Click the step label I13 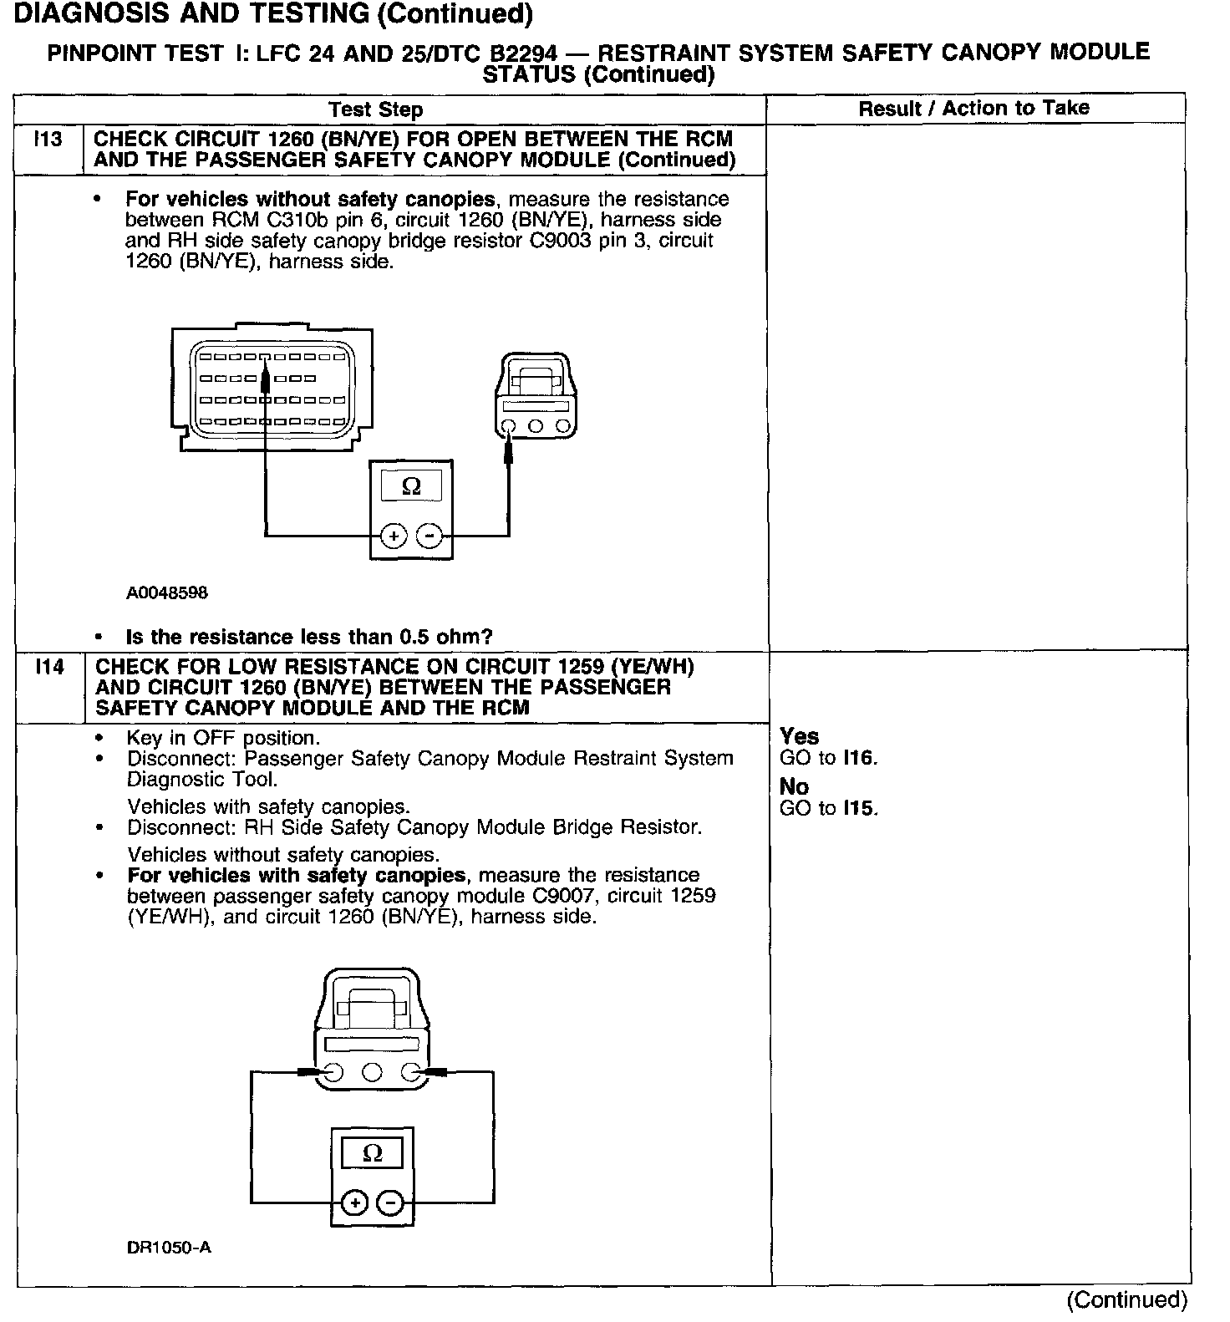click(x=48, y=140)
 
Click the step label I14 click(x=49, y=667)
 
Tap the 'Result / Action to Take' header click(x=973, y=108)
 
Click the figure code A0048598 click(x=167, y=593)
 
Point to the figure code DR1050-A click(x=169, y=1248)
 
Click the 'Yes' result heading click(x=799, y=736)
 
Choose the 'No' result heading click(x=794, y=786)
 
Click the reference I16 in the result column click(x=858, y=759)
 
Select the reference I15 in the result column click(x=859, y=809)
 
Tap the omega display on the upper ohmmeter click(x=411, y=486)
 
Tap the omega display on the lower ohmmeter click(x=373, y=1154)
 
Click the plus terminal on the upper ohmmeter click(x=394, y=535)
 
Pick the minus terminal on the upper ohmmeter click(x=429, y=535)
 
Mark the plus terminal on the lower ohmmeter click(x=355, y=1203)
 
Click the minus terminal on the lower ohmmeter click(x=390, y=1203)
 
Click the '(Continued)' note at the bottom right click(x=1126, y=1299)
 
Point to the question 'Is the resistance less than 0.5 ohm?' click(x=308, y=637)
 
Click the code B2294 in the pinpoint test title click(x=523, y=53)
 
